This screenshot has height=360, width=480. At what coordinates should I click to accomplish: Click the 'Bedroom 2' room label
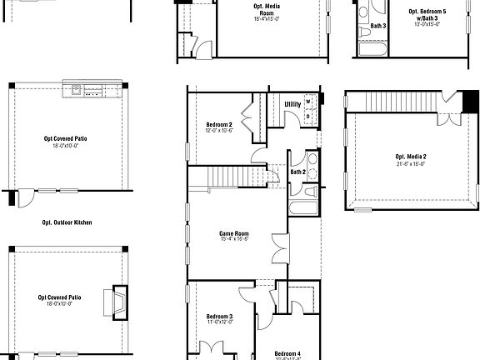click(218, 125)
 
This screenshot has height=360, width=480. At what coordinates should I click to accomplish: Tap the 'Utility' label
click(292, 104)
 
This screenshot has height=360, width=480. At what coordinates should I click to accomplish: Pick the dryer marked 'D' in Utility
click(308, 116)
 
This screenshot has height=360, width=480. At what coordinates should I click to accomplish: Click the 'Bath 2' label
click(297, 172)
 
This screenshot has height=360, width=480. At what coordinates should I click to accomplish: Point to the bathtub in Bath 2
click(302, 207)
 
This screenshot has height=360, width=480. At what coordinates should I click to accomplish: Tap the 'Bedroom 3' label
click(219, 317)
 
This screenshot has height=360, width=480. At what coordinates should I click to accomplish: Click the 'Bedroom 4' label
click(287, 353)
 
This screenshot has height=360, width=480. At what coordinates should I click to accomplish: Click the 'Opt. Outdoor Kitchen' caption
click(67, 222)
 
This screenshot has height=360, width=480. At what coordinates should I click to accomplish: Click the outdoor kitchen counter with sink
click(92, 89)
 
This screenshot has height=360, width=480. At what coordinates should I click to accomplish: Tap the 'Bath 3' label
click(377, 25)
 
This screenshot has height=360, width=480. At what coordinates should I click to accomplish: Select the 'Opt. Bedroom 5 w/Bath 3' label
click(427, 14)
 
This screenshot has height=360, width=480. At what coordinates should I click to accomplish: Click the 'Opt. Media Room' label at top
click(267, 10)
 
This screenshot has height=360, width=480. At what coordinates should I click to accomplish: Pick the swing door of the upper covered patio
click(25, 198)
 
